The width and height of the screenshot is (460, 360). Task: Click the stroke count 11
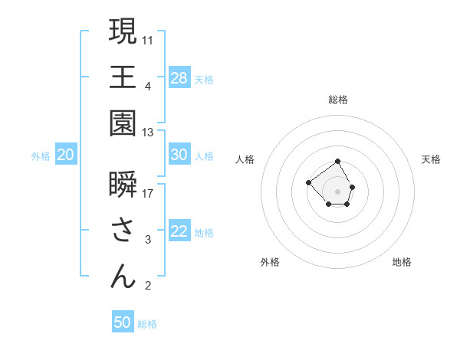tap(148, 39)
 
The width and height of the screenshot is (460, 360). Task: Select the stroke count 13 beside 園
tap(148, 133)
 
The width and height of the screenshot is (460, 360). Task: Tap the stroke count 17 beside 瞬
tap(148, 194)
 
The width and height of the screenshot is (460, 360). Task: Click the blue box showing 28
tap(179, 78)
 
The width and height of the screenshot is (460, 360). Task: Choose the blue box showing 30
tap(179, 155)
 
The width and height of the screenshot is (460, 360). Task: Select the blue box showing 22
tap(179, 231)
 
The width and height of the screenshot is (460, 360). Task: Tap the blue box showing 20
tap(66, 155)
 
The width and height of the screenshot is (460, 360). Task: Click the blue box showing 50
tap(123, 322)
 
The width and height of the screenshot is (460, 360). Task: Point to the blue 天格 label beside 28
tap(204, 80)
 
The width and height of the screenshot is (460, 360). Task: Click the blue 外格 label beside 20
tap(41, 156)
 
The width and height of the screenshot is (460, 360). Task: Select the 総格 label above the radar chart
tap(338, 100)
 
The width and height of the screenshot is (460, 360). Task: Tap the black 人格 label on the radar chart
tap(245, 159)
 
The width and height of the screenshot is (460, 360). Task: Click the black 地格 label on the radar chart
tap(402, 262)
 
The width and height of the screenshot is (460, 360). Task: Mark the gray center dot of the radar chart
tap(338, 191)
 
